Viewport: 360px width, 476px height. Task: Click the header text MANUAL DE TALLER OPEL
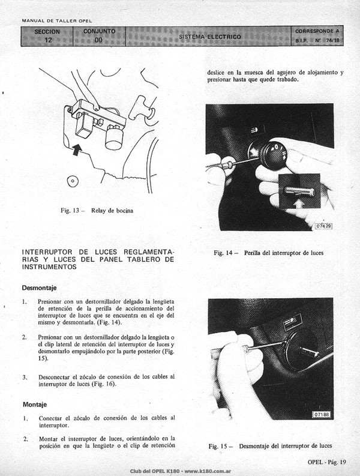pyautogui.click(x=57, y=21)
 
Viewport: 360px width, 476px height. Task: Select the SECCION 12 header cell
pyautogui.click(x=47, y=36)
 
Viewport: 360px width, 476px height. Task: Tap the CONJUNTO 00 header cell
pyautogui.click(x=99, y=36)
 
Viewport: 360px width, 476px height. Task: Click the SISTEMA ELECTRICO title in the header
pyautogui.click(x=210, y=37)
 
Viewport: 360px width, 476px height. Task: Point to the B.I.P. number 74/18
pyautogui.click(x=332, y=40)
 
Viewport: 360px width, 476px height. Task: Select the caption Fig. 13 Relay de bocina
pyautogui.click(x=97, y=210)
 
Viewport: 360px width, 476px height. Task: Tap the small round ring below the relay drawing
pyautogui.click(x=73, y=181)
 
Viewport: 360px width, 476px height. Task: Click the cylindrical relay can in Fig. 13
pyautogui.click(x=114, y=138)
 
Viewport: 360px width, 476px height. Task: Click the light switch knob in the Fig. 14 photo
pyautogui.click(x=272, y=155)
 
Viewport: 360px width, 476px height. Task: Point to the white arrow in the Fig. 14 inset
pyautogui.click(x=299, y=203)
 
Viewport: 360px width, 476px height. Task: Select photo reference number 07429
pyautogui.click(x=324, y=226)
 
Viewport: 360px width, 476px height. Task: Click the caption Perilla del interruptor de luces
pyautogui.click(x=284, y=253)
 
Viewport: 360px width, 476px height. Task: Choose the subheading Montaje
pyautogui.click(x=35, y=405)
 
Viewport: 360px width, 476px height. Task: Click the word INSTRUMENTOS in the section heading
pyautogui.click(x=49, y=267)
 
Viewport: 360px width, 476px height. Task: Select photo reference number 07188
pyautogui.click(x=322, y=414)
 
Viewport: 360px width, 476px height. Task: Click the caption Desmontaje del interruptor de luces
pyautogui.click(x=286, y=446)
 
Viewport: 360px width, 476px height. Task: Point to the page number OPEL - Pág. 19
pyautogui.click(x=326, y=462)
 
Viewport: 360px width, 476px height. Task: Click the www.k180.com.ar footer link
pyautogui.click(x=208, y=471)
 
